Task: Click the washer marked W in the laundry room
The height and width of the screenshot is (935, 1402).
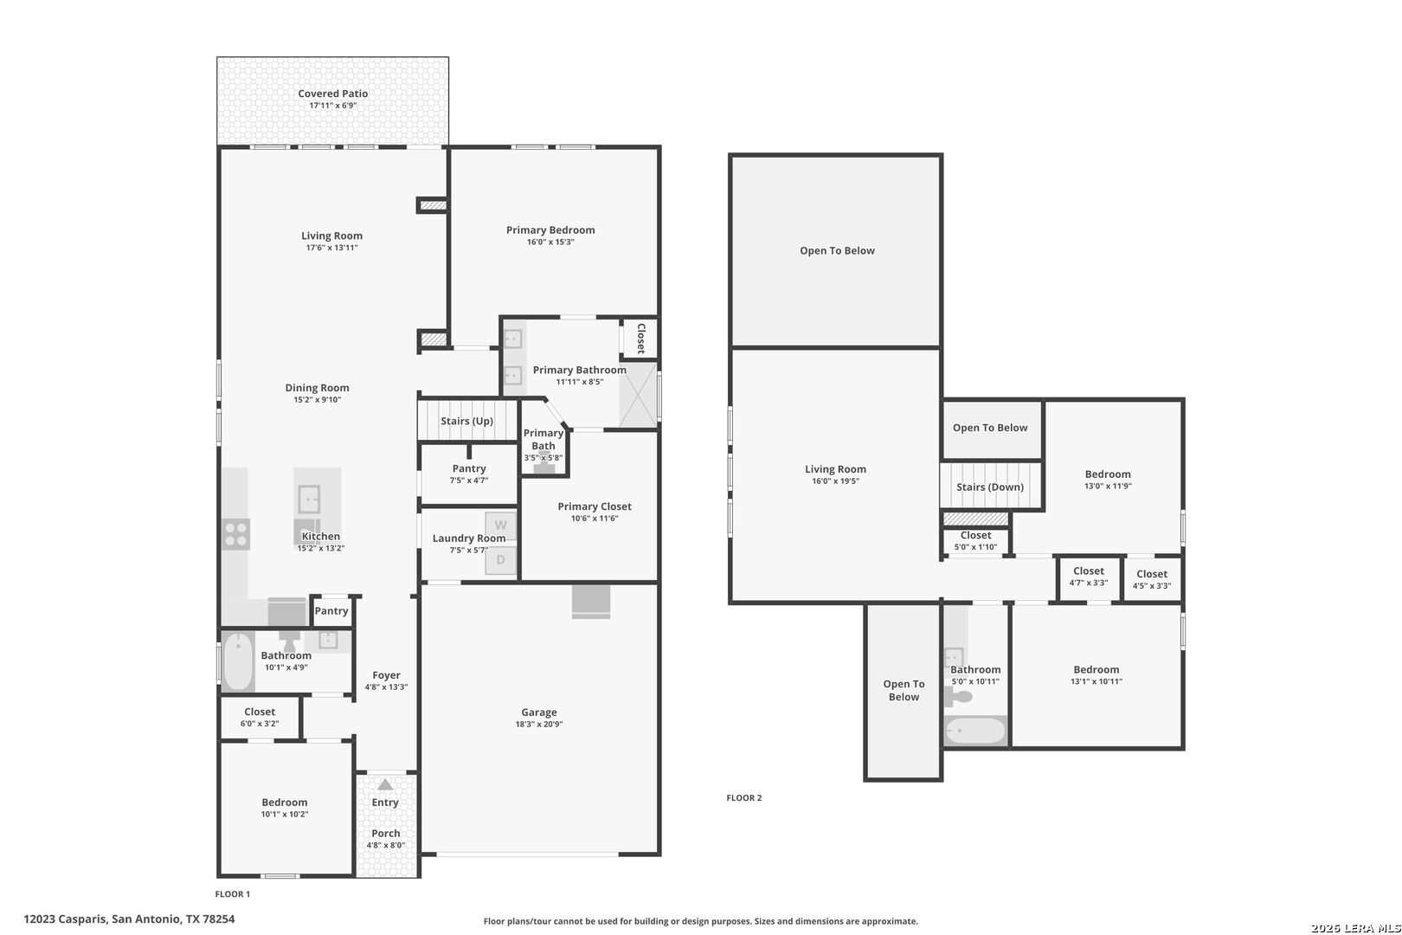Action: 501,526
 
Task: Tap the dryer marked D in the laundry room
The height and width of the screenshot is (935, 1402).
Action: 501,560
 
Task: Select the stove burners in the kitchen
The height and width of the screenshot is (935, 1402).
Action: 236,534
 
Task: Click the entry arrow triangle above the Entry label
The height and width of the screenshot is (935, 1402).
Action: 385,784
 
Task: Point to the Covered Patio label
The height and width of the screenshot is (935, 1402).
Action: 333,93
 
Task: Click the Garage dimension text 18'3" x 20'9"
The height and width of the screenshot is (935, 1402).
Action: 539,724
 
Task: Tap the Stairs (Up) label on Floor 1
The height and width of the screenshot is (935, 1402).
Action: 467,421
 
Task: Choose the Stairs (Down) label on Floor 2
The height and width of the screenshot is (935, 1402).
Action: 990,487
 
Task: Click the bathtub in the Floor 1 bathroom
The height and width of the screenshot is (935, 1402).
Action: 239,661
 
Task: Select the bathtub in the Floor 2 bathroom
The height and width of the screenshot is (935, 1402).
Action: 975,731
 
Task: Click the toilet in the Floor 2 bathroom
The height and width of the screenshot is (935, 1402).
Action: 958,696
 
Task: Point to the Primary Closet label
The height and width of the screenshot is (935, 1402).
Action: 595,506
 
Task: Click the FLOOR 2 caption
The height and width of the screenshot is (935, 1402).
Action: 744,798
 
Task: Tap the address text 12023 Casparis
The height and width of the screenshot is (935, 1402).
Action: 65,919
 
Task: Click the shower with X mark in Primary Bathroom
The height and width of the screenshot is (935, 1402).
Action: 638,395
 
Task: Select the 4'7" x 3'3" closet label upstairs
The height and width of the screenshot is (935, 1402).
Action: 1089,583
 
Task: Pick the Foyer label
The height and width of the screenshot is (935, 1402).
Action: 386,675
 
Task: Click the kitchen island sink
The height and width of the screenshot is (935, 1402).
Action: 309,500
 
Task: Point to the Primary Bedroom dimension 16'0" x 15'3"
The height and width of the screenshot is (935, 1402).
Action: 550,242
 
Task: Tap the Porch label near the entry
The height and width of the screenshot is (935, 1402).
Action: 386,833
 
